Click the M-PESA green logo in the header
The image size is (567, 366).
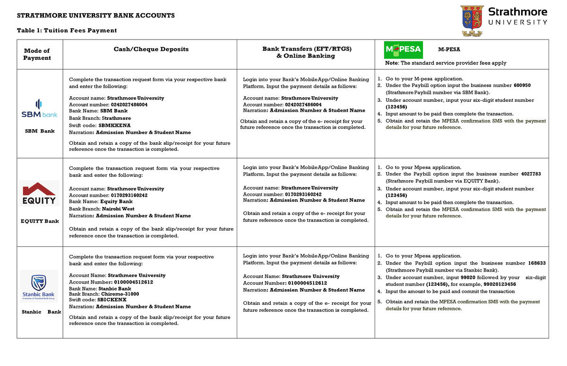point(402,49)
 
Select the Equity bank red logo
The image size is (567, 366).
point(40,193)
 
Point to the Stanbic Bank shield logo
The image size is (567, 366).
point(39,284)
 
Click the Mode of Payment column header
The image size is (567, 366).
point(37,54)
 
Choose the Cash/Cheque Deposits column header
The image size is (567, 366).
point(151,49)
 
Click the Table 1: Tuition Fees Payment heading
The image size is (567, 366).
point(67,31)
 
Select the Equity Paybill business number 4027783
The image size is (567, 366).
point(531,174)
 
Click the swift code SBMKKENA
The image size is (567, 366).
point(114,125)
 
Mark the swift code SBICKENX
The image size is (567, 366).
point(112,299)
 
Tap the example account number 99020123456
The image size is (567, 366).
point(499,284)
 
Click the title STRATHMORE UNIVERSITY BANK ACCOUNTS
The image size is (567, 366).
point(96,16)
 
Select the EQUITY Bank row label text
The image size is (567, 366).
point(39,221)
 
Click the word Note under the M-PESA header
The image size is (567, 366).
point(392,63)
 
